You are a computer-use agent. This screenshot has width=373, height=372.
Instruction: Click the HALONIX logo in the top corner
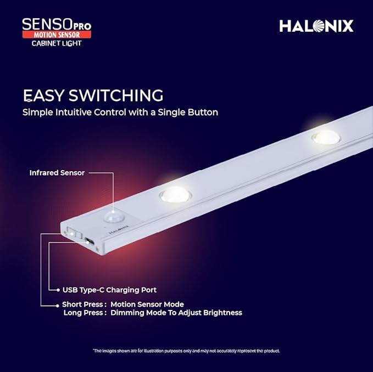316,26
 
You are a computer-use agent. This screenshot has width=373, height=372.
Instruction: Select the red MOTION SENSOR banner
56,35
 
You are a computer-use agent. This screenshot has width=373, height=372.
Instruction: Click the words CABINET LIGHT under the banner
56,43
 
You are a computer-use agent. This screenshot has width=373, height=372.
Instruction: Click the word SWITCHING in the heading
116,95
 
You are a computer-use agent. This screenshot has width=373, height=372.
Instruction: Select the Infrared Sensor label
57,173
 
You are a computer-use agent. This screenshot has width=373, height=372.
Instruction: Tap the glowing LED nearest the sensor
174,194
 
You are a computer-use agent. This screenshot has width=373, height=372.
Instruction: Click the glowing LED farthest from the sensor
325,137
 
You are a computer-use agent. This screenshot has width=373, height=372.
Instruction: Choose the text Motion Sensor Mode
147,304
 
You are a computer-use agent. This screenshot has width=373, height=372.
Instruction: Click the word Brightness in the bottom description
222,313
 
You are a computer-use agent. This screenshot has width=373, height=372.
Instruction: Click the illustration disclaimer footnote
186,351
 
